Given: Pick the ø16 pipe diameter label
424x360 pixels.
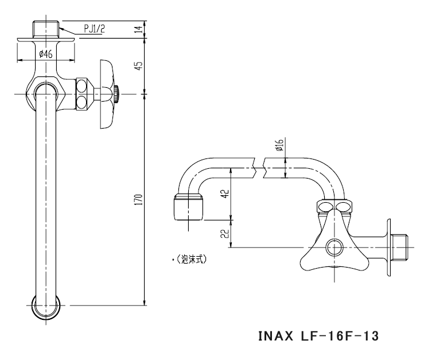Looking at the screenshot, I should coord(279,146).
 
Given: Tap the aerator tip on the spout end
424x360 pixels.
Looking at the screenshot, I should coord(187,207).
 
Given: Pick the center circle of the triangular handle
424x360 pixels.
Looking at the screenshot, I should coord(333,247).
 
